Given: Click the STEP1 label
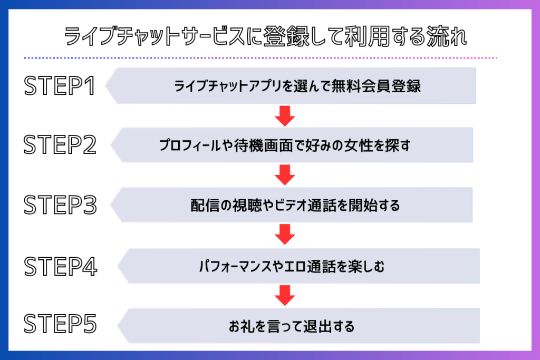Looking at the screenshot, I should coord(60,86).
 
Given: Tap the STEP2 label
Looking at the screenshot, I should coord(61,145).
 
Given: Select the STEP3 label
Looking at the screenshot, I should coord(61,206).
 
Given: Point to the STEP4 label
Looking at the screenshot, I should coord(61,266).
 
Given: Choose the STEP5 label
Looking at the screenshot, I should coord(61,325).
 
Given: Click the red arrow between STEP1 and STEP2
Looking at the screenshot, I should coord(285,115).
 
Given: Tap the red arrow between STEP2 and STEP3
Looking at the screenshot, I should coord(285,175).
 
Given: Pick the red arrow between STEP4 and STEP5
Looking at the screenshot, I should coord(285,295).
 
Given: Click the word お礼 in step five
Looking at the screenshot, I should coord(240,326).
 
